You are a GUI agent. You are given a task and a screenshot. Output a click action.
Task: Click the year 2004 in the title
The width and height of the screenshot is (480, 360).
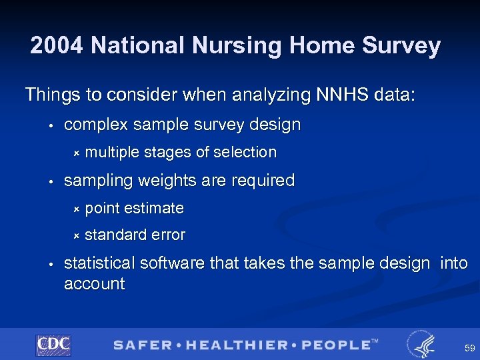(57, 46)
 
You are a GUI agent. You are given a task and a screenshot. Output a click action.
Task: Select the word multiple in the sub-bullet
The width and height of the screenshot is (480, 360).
(111, 153)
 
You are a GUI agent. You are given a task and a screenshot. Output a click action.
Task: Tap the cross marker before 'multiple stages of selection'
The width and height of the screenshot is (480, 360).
(76, 153)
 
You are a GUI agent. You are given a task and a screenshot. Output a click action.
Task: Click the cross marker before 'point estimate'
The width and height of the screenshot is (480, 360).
(76, 209)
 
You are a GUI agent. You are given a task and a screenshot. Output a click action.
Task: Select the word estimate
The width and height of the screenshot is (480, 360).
(154, 209)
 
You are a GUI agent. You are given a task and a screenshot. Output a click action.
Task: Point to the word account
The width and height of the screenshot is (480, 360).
(94, 284)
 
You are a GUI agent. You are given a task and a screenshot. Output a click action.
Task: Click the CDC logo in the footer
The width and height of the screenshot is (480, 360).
(53, 345)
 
